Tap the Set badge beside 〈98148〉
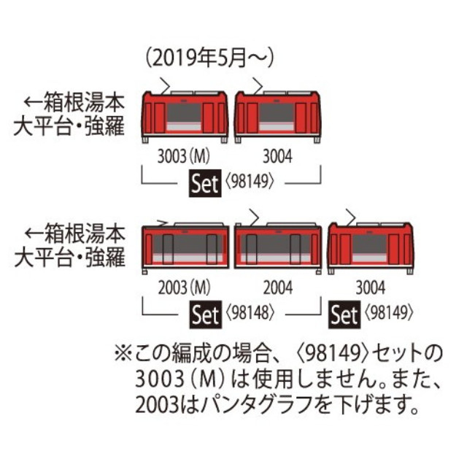point(204,315)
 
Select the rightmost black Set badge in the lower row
point(344,315)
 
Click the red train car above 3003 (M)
point(185,115)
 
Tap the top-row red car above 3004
point(278,115)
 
